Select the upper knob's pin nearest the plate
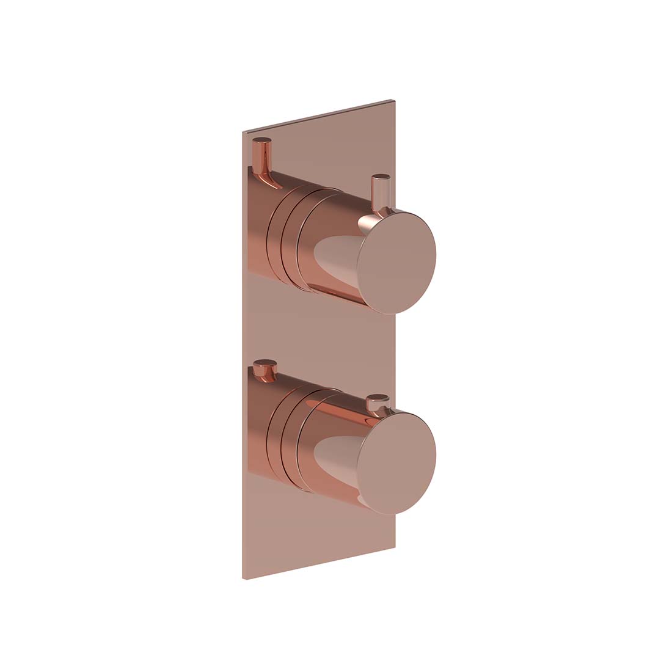[263, 150]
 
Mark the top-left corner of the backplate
[245, 133]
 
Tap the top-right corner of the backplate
[395, 101]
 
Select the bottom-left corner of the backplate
[245, 578]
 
